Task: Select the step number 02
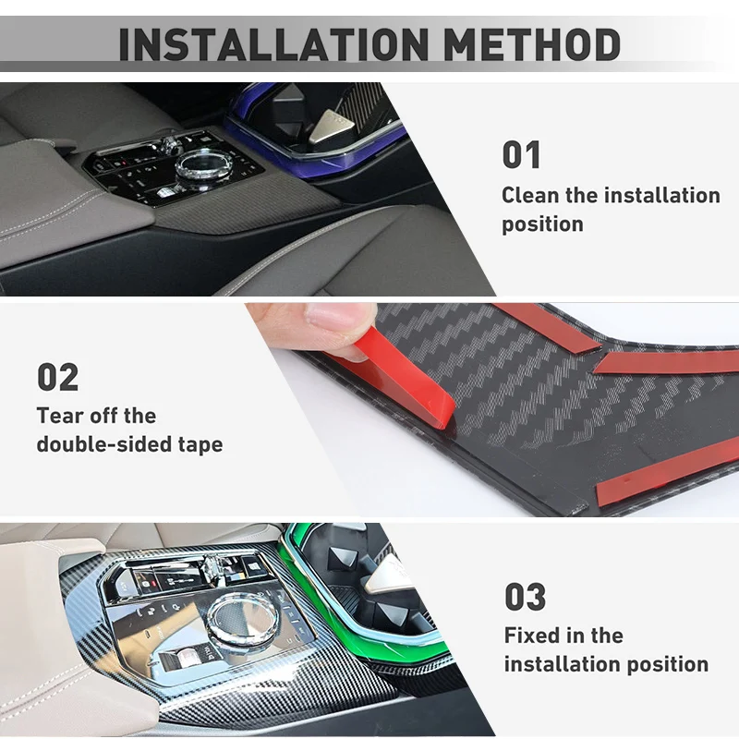click(57, 377)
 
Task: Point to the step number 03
click(525, 597)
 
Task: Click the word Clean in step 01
click(531, 196)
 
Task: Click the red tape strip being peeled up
click(406, 379)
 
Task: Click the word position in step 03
click(664, 665)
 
